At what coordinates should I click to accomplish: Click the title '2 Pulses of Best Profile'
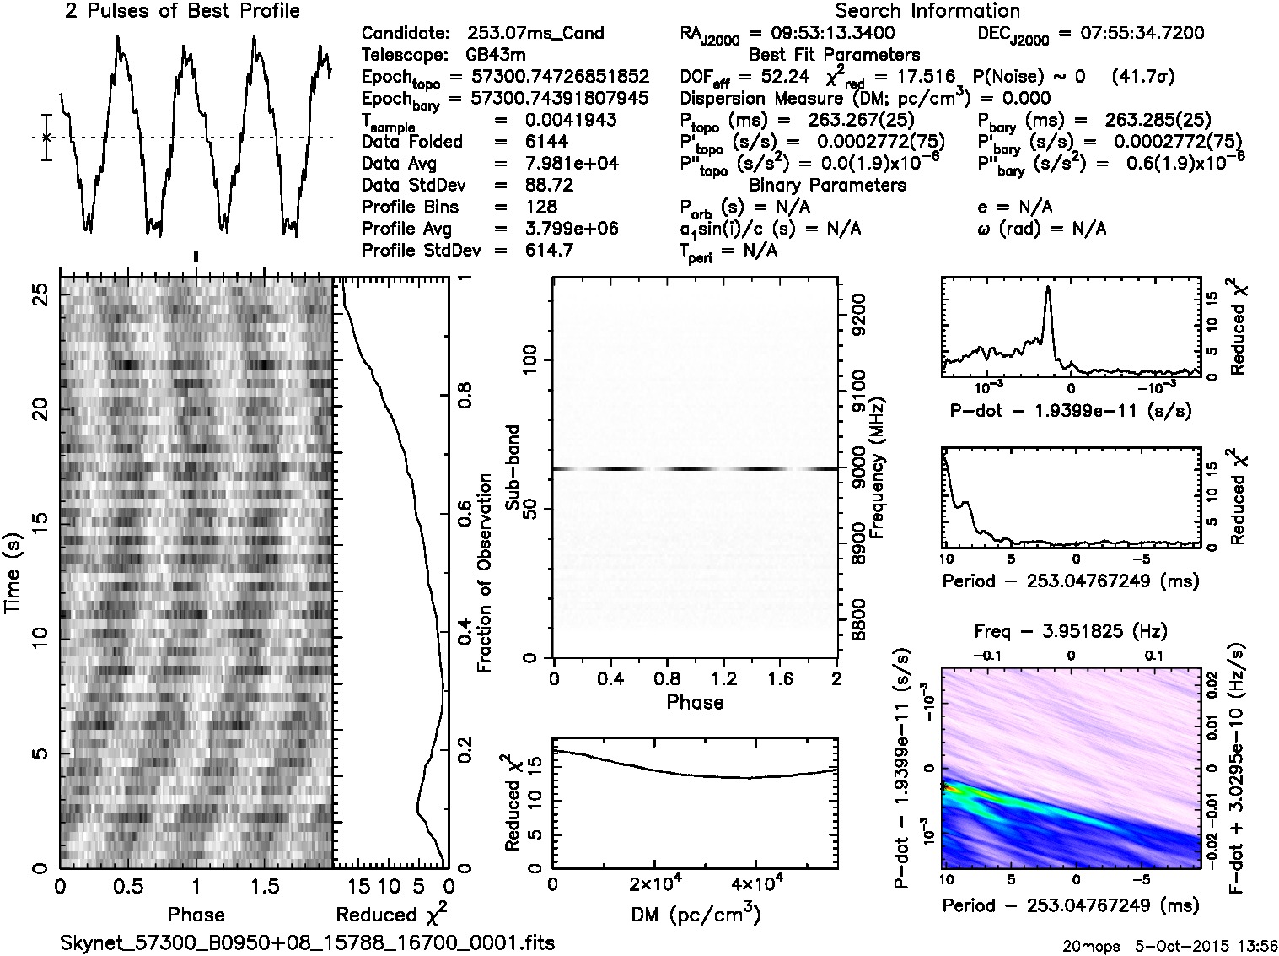click(182, 12)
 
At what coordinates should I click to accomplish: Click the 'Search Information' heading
click(927, 12)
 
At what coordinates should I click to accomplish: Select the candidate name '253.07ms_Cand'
click(535, 34)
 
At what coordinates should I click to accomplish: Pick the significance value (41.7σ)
click(1143, 78)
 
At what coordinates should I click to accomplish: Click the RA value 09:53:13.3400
click(821, 34)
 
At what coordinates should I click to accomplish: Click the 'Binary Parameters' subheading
click(827, 185)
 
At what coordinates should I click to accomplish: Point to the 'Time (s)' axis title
click(14, 573)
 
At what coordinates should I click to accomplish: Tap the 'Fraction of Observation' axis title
click(484, 573)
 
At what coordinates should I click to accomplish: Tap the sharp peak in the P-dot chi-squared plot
click(1048, 288)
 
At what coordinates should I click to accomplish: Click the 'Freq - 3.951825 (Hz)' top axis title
click(1071, 631)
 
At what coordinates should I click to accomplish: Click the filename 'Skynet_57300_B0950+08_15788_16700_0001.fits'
click(308, 942)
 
